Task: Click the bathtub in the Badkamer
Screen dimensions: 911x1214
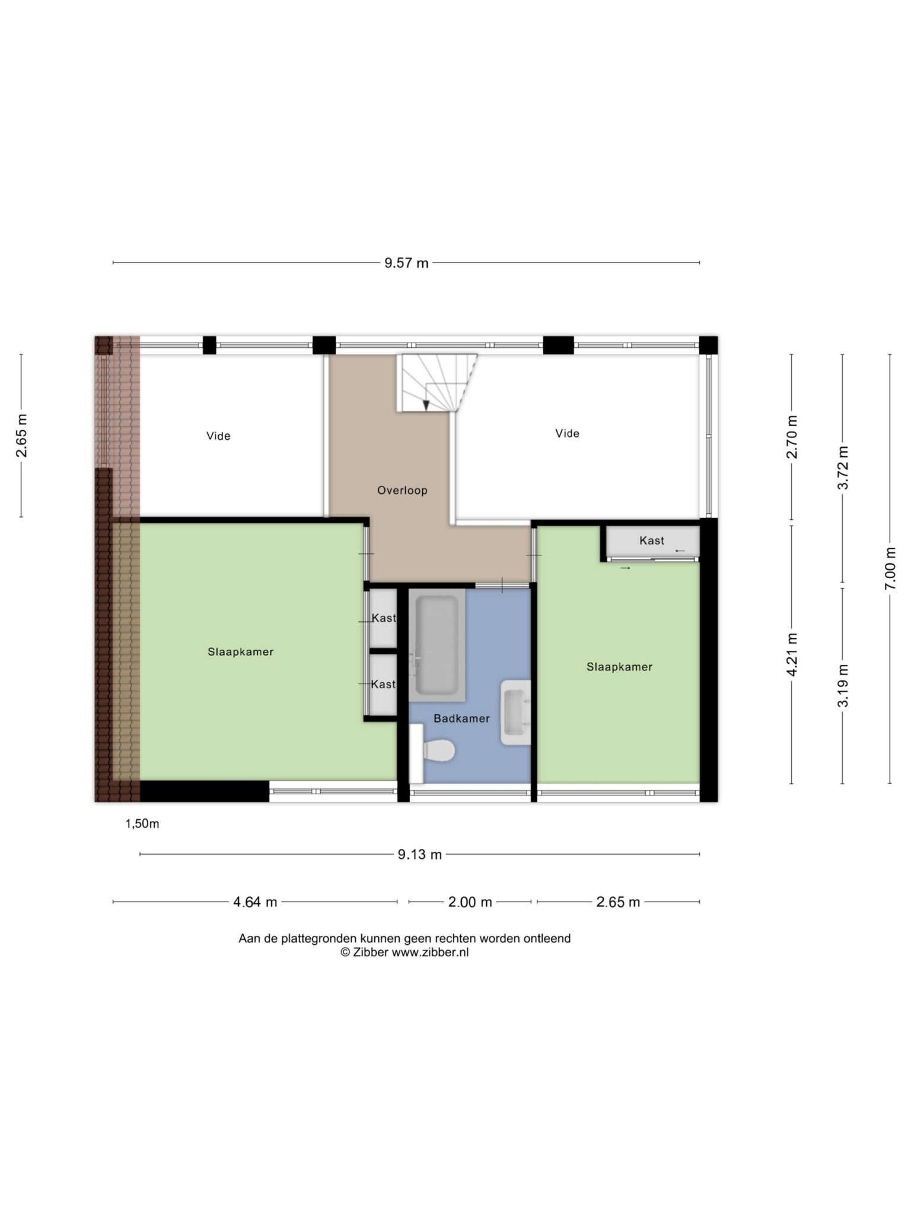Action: pos(437,645)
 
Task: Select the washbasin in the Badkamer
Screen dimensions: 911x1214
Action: pos(515,712)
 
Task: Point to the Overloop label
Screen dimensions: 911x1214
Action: pos(402,490)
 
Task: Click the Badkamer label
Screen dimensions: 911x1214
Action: pos(461,718)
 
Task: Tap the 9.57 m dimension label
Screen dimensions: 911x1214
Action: pos(406,263)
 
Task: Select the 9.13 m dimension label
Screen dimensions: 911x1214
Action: pos(419,855)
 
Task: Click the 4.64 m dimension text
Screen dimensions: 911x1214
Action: pos(255,902)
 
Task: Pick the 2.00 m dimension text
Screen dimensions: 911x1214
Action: pos(470,902)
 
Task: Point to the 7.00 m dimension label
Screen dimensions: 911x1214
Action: pos(890,568)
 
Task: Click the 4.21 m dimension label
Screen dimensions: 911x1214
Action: pos(792,654)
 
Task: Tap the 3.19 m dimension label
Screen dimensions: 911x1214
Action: pos(843,686)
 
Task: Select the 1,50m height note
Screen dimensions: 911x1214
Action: pos(142,824)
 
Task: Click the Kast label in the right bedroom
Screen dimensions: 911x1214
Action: pos(651,541)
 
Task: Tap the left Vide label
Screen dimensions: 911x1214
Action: pos(218,436)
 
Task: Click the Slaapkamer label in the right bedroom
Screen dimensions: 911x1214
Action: pos(619,667)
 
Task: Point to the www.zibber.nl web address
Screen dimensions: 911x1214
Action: pos(430,953)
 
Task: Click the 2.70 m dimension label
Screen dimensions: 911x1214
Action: pos(792,437)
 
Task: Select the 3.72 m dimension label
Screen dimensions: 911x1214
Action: pos(843,468)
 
